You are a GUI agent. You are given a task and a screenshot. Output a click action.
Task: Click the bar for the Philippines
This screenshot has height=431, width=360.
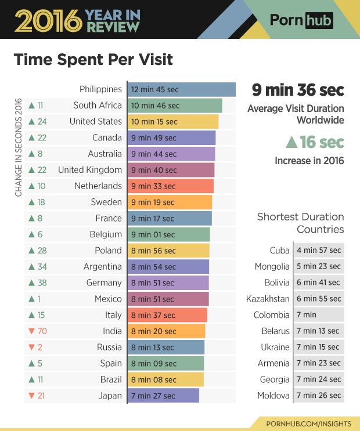(x=181, y=89)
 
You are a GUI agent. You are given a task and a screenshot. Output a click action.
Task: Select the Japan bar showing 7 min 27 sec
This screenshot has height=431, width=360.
(x=163, y=396)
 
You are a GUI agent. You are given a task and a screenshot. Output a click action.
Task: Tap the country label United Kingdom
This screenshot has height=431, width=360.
(x=90, y=170)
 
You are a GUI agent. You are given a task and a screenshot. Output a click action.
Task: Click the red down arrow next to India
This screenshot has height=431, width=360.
(x=32, y=331)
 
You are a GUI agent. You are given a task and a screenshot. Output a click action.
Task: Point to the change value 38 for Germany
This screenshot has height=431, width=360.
(x=42, y=283)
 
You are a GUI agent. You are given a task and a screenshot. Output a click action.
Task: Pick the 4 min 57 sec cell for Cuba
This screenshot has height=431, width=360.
(x=319, y=251)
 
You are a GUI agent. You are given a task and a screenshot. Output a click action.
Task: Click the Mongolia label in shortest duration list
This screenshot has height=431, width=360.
(x=272, y=267)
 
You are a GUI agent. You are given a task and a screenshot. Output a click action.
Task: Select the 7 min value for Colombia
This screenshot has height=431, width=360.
(x=319, y=315)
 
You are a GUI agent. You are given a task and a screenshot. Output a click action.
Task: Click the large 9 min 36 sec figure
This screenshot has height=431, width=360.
(x=297, y=90)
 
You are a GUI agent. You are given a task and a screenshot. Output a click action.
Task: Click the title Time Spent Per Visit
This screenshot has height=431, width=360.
(x=93, y=60)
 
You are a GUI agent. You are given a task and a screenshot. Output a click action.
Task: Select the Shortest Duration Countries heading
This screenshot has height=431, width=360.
(x=300, y=223)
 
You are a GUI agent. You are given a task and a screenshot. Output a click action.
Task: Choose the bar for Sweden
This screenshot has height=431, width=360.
(x=170, y=202)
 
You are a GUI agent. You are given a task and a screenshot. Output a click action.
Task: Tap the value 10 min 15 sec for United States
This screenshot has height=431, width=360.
(x=154, y=122)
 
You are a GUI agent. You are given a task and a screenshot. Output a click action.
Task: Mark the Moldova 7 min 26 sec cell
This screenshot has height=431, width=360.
(x=319, y=396)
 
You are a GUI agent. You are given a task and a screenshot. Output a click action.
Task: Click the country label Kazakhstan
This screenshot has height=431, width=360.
(x=268, y=299)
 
